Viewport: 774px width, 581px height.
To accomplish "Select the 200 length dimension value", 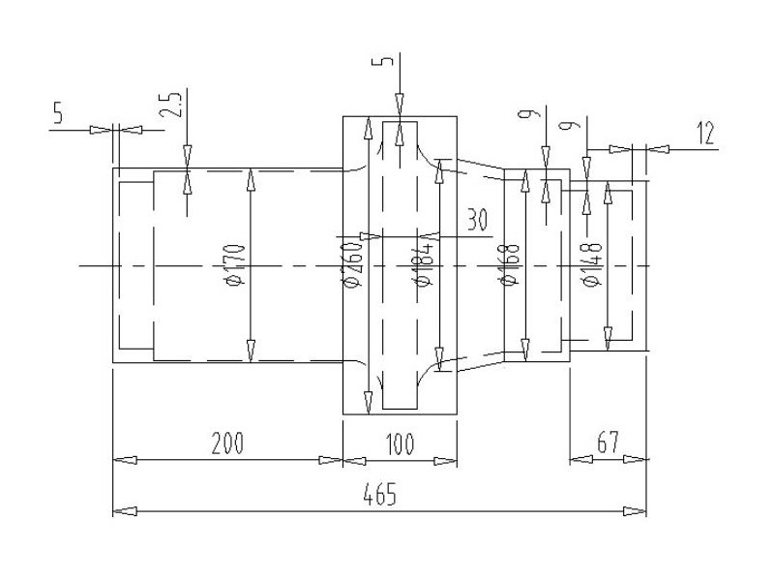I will click(x=227, y=444).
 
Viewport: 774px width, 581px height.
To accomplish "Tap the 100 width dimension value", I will click(x=400, y=444).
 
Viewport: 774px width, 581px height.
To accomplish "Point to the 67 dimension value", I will click(x=607, y=444).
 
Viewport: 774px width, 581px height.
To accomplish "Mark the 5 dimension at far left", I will click(x=58, y=113).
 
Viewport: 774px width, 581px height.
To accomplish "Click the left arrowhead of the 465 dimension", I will click(x=120, y=510).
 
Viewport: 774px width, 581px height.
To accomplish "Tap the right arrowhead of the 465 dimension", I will click(x=640, y=510).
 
